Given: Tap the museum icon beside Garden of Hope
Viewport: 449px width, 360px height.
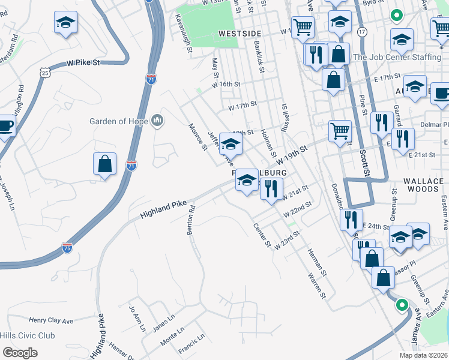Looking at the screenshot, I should coord(157,121).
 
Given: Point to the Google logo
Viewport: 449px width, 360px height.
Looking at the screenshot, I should coord(20,353).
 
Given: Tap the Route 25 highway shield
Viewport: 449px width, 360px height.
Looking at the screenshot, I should coord(45,73).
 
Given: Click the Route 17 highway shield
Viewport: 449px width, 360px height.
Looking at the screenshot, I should coord(361,31).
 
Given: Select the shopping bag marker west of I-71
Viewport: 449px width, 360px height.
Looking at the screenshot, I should coord(104,164).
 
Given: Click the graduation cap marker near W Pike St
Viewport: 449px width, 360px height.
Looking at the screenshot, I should coord(65,24).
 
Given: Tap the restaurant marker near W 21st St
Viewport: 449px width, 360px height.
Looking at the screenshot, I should coord(271,189).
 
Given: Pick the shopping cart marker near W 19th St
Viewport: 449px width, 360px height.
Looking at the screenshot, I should coord(340,131).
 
